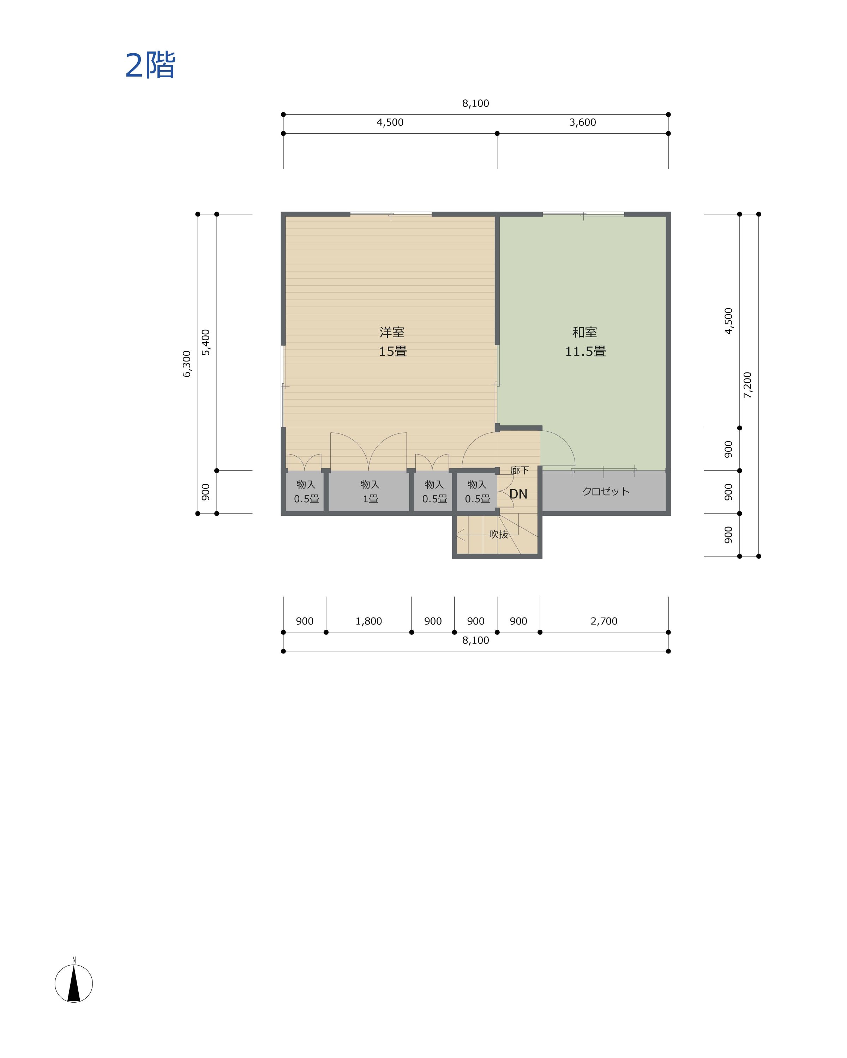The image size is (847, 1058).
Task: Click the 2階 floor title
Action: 150,65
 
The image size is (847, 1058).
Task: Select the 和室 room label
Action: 584,332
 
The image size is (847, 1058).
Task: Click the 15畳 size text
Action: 392,351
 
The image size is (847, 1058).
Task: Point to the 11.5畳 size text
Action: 585,351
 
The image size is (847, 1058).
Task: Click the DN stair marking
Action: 518,494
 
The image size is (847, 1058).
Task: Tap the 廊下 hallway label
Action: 519,470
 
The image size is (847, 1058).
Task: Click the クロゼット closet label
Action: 605,491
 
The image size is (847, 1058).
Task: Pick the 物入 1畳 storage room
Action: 370,491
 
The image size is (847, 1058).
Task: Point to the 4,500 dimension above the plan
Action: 390,122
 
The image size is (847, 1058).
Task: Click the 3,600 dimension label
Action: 582,122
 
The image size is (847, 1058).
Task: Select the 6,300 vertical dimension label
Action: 187,364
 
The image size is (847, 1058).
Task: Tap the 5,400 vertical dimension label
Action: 206,342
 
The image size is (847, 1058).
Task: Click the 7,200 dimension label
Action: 747,385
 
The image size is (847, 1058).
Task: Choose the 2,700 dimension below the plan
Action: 604,621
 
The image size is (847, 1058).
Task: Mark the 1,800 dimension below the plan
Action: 369,621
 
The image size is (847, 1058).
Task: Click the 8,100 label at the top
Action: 475,103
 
